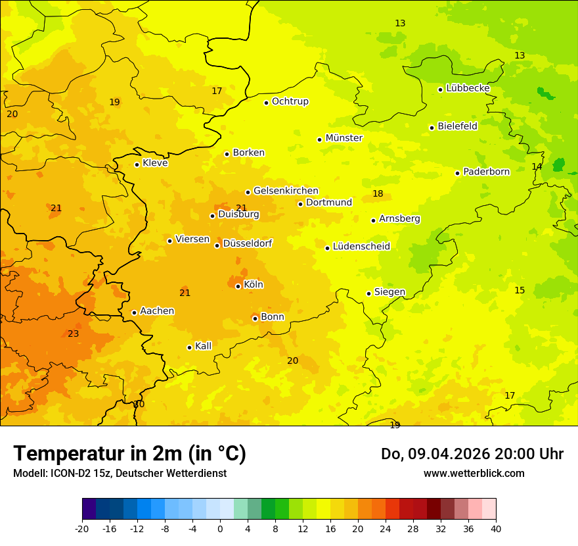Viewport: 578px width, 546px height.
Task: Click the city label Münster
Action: tap(344, 138)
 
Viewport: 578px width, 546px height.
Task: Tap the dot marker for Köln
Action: tap(238, 286)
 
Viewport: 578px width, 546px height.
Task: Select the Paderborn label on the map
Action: tap(486, 172)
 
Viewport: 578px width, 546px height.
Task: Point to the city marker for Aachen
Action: tap(134, 312)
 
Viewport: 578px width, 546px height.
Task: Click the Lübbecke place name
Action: tap(468, 88)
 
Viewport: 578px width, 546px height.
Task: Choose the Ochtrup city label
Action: tap(290, 101)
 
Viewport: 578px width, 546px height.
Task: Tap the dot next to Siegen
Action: tap(368, 293)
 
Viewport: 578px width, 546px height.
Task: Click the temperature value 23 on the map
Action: tap(74, 334)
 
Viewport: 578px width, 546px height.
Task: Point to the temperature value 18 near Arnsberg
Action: tap(378, 193)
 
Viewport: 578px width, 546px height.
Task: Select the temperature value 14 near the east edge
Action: tap(537, 166)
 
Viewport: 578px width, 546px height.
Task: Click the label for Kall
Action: tap(203, 346)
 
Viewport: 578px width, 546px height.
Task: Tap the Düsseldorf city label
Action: tap(247, 244)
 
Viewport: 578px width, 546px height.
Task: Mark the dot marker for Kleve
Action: tap(137, 164)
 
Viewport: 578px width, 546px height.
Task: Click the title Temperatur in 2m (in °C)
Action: tap(129, 454)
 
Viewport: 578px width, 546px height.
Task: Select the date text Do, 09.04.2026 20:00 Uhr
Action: tap(472, 454)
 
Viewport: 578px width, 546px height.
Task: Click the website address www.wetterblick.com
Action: tap(474, 473)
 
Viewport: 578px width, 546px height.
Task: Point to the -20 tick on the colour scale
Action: tap(82, 528)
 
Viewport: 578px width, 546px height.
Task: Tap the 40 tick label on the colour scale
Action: tap(496, 528)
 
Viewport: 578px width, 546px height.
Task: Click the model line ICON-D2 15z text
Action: tap(120, 473)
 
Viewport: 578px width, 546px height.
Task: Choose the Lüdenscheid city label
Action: tap(361, 247)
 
